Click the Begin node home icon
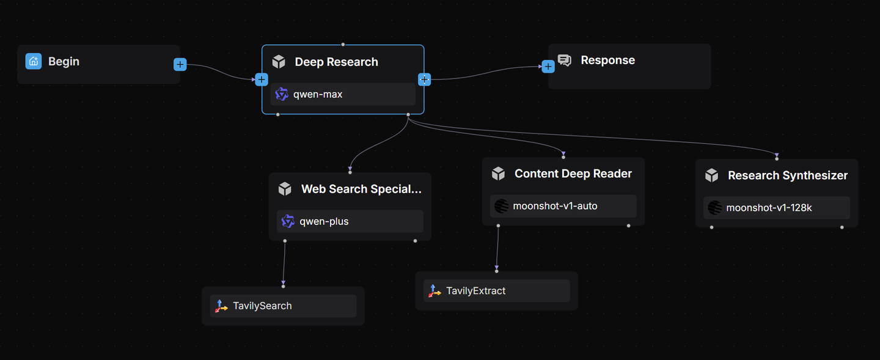pos(34,61)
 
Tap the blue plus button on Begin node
pos(180,64)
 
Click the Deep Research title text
pos(336,62)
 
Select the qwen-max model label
pos(318,94)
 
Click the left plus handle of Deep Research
pos(262,79)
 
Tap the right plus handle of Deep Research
pos(424,79)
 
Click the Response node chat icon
pos(565,61)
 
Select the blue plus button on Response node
pos(548,66)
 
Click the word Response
pos(607,60)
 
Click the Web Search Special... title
pos(361,189)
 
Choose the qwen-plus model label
pos(324,221)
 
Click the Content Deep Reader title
pos(573,174)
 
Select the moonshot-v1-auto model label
pos(555,206)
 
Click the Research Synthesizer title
pos(787,175)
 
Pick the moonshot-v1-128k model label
pos(769,208)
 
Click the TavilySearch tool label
pos(262,306)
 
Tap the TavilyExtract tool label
pos(475,291)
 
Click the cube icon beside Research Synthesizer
pos(711,175)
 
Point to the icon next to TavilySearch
pos(221,306)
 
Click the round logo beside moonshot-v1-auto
pos(501,207)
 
